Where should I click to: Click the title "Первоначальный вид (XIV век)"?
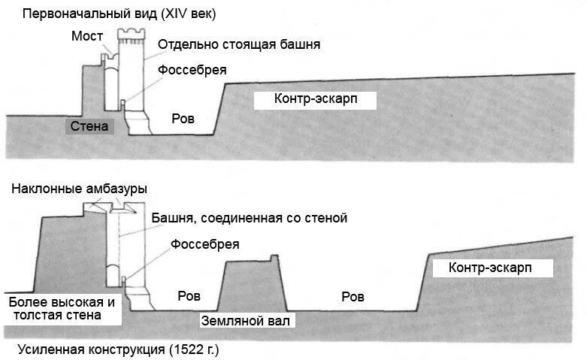[119, 14]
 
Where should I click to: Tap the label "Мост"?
[87, 36]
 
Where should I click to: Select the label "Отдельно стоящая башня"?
[239, 44]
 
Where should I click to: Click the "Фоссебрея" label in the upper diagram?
[192, 70]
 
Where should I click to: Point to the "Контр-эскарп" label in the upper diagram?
[316, 98]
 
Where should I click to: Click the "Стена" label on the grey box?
[89, 126]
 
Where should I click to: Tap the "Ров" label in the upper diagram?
[183, 119]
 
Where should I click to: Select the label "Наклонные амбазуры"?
[79, 188]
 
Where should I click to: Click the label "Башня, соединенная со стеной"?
[250, 218]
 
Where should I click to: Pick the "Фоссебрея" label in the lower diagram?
[204, 244]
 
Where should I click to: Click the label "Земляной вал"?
[246, 321]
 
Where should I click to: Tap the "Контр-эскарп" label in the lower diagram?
[490, 268]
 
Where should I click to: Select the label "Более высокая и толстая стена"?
[62, 308]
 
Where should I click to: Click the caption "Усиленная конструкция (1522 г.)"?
[118, 350]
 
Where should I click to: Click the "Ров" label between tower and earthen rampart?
[189, 296]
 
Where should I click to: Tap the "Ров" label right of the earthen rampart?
[353, 297]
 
